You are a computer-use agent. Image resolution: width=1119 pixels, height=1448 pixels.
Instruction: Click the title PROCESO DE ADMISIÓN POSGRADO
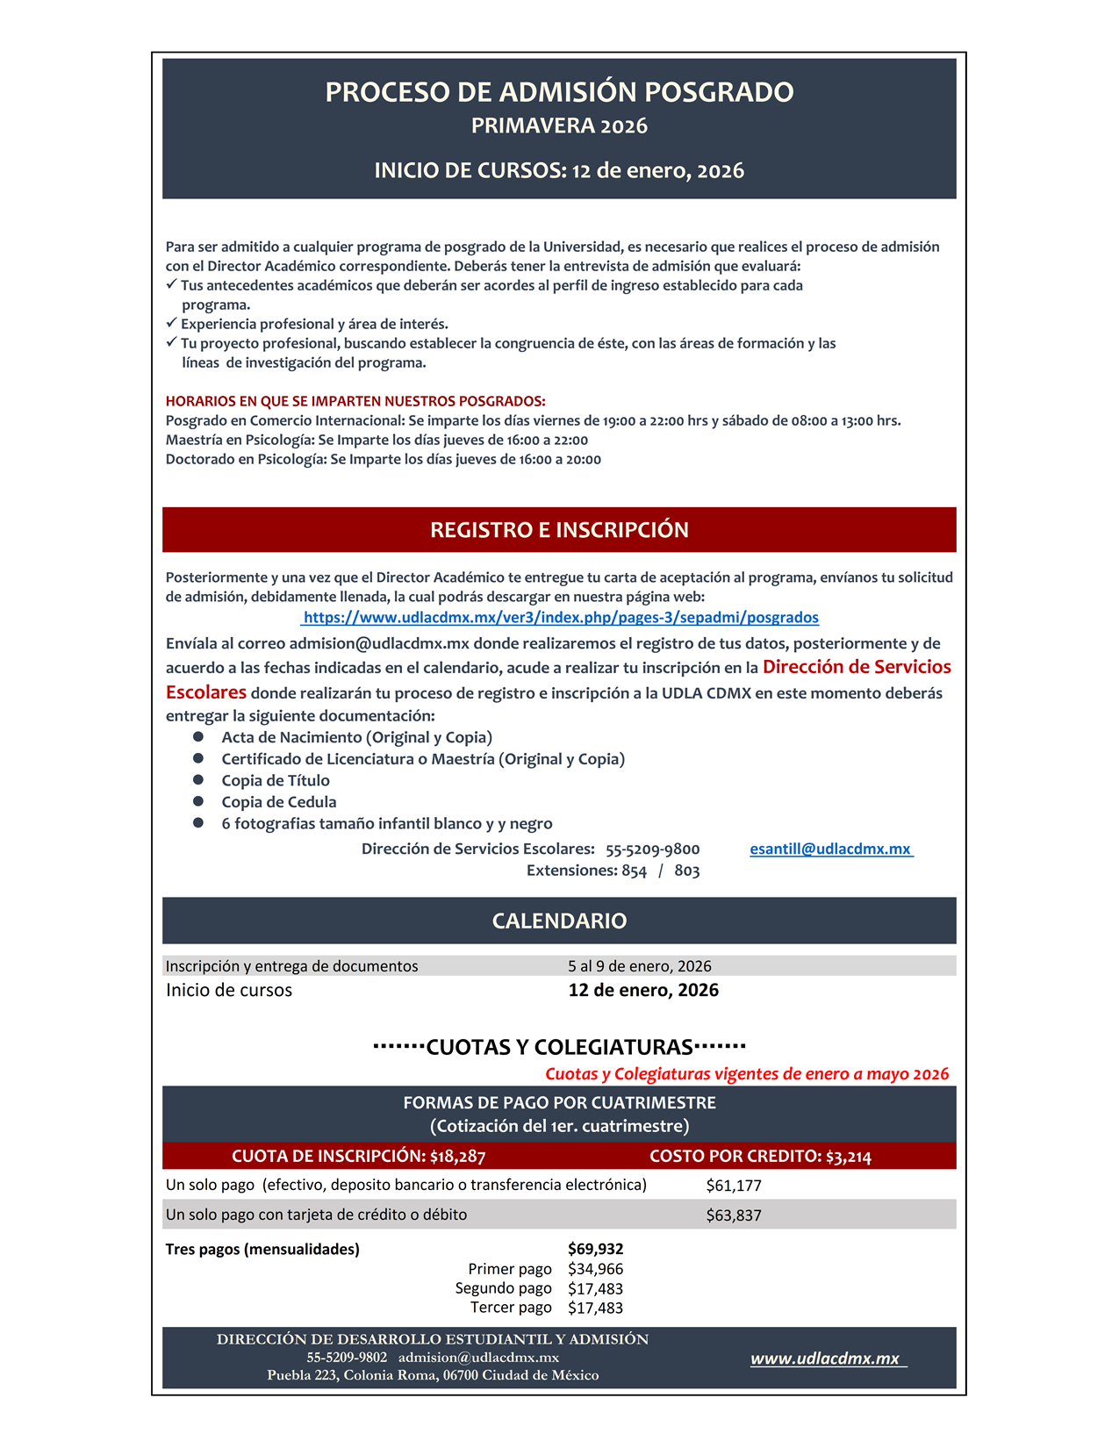click(559, 92)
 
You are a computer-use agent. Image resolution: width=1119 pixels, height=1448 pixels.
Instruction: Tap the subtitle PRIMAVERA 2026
click(559, 126)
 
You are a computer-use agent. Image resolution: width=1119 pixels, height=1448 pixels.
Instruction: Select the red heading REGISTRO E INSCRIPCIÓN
click(559, 530)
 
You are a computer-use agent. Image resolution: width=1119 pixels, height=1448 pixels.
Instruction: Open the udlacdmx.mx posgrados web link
click(561, 618)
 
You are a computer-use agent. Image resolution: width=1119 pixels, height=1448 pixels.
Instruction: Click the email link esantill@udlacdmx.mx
click(830, 849)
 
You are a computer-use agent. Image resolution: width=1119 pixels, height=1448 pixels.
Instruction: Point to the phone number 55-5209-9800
click(652, 849)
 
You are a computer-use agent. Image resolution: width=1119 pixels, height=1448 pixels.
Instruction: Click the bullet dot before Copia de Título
click(198, 780)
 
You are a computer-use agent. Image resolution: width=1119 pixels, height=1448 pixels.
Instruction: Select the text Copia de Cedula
click(278, 802)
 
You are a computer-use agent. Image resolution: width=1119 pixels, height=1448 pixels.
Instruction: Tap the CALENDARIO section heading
click(559, 921)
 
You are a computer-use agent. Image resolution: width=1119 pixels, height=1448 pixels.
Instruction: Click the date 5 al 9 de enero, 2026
click(639, 966)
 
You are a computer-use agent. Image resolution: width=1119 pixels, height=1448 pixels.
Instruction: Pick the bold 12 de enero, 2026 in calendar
click(643, 991)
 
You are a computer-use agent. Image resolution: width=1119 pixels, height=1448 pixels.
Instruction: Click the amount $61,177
click(734, 1186)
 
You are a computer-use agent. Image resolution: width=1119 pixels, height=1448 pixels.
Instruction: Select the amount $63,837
click(734, 1216)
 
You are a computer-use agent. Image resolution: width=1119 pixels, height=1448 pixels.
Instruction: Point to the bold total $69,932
click(595, 1250)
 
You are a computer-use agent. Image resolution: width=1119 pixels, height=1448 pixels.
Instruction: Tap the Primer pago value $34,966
click(595, 1270)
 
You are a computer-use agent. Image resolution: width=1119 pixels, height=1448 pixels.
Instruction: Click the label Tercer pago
click(511, 1308)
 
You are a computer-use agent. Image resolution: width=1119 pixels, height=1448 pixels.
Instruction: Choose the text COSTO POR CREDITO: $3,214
click(760, 1157)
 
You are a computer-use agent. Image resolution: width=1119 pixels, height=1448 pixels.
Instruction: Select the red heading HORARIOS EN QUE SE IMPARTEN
click(355, 402)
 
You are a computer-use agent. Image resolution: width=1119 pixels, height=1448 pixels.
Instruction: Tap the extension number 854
click(634, 871)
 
